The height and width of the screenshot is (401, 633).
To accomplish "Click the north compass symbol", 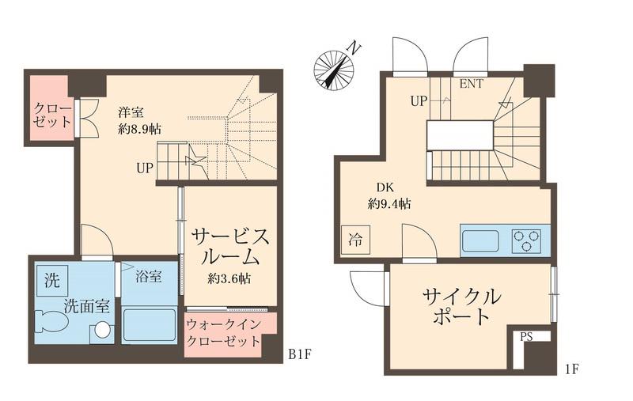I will [333, 69].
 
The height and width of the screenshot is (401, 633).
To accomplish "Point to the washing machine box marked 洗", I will [51, 278].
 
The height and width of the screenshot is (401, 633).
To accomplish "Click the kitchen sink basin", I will [480, 240].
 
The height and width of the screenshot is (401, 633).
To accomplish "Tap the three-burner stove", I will [526, 240].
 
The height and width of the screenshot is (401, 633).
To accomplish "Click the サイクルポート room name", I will [461, 307].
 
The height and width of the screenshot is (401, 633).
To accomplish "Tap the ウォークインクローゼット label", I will [223, 333].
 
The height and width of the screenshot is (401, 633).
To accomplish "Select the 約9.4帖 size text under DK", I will [389, 203].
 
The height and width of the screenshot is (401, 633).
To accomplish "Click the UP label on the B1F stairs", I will [145, 168].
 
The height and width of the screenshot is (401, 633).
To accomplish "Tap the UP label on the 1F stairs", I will [419, 101].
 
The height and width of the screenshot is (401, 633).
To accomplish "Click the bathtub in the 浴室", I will [149, 326].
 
